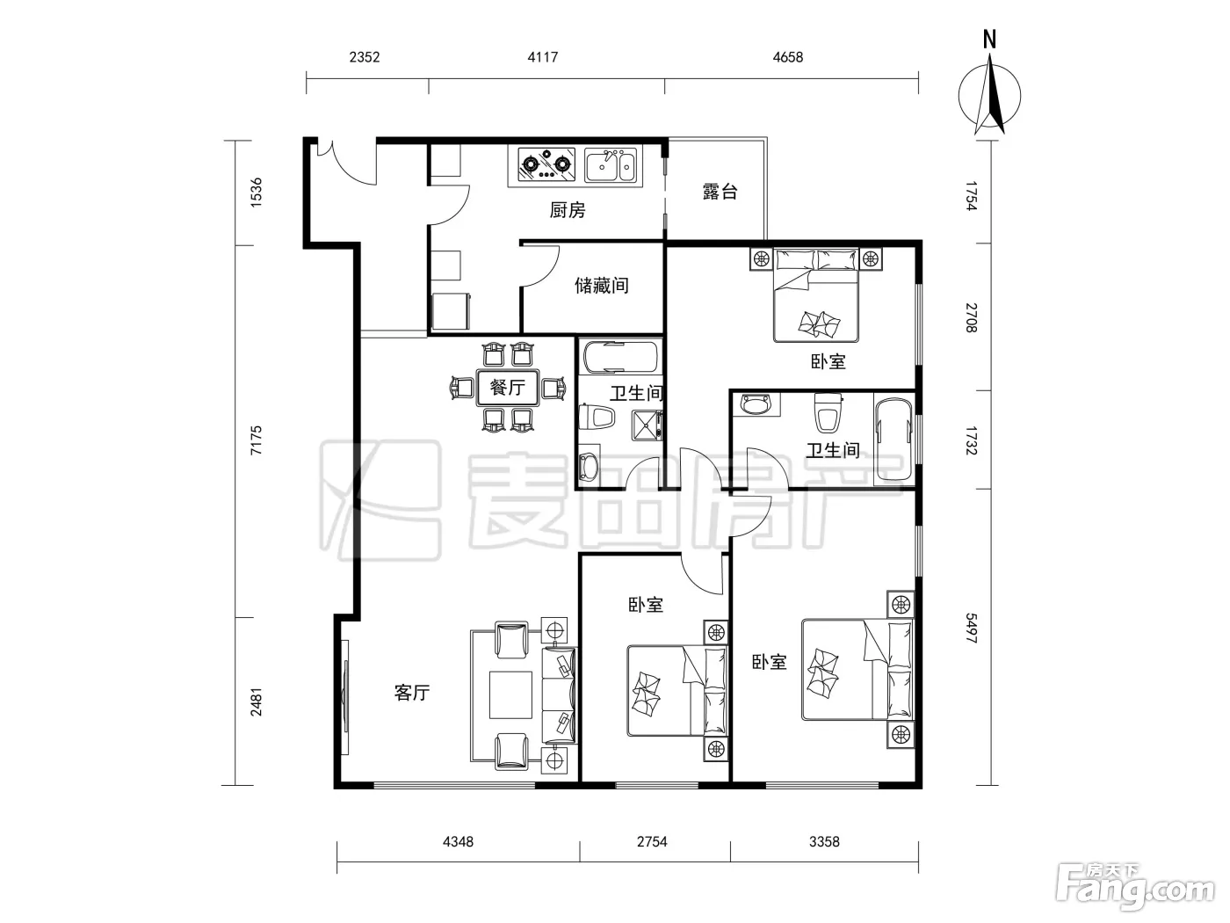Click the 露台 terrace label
720,192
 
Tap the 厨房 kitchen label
567,210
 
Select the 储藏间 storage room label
601,286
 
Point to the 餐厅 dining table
507,388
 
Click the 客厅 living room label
412,694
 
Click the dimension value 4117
542,57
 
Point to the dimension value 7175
256,440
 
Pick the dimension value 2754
652,842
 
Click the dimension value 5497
971,629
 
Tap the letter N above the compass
989,40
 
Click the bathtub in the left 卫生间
619,357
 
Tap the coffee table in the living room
510,695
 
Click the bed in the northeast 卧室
816,295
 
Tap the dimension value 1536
256,193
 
